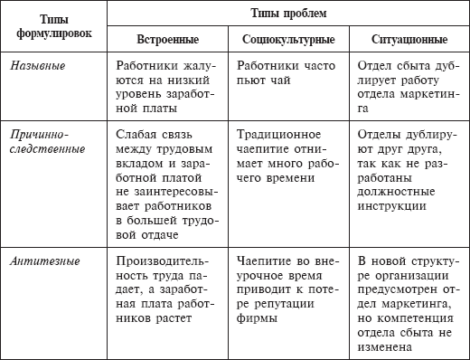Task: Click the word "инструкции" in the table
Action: pos(393,205)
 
